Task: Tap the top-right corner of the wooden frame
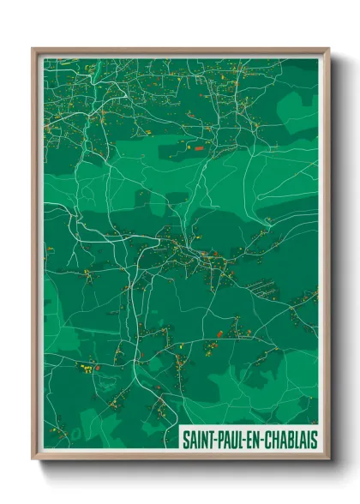tap(328, 49)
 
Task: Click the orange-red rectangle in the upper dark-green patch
tap(199, 148)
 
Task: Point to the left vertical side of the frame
tap(34, 257)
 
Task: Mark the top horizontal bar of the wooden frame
tap(180, 51)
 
